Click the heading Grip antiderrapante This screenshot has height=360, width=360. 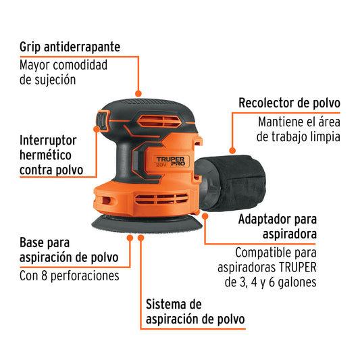70,47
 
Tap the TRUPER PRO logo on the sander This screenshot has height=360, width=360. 170,161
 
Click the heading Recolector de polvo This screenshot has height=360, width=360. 289,103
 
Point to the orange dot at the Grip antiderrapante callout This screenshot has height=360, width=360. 138,93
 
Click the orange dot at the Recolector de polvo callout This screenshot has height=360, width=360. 232,151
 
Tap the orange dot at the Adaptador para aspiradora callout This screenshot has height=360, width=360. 205,216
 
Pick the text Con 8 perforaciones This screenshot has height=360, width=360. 70,276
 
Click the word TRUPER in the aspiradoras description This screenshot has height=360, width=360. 298,267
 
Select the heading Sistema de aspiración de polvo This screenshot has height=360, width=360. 195,312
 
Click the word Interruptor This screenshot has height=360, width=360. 48,140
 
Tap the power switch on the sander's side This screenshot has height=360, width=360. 103,120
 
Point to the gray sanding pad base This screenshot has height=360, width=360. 147,224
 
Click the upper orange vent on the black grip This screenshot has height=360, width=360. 159,121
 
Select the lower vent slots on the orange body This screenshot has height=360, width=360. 161,199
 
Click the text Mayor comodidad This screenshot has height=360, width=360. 63,65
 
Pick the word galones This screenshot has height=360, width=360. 297,282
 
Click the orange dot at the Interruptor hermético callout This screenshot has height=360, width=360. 97,129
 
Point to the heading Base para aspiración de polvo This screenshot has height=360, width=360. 69,250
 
